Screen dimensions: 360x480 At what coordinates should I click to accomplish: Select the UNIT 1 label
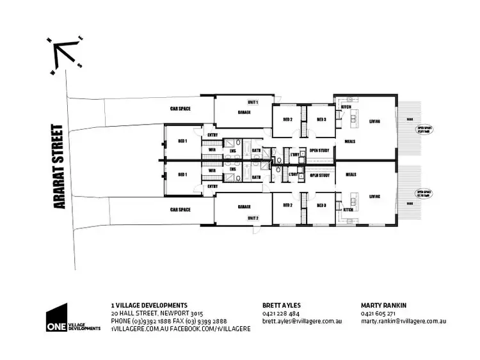pyautogui.click(x=252, y=102)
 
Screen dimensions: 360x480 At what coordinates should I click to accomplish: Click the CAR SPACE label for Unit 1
pyautogui.click(x=180, y=109)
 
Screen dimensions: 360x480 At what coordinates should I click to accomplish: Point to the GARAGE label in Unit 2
pyautogui.click(x=244, y=207)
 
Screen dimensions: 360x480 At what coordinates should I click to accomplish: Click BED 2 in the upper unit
pyautogui.click(x=287, y=120)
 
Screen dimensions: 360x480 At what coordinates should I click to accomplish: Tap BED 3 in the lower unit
pyautogui.click(x=321, y=205)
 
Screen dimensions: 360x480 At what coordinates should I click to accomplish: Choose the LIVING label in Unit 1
pyautogui.click(x=374, y=120)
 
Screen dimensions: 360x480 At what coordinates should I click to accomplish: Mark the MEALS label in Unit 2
pyautogui.click(x=351, y=174)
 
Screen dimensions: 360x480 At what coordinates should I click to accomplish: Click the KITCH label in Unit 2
pyautogui.click(x=349, y=210)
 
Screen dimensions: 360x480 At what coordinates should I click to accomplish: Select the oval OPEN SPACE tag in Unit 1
pyautogui.click(x=424, y=129)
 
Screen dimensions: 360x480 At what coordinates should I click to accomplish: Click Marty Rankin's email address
pyautogui.click(x=403, y=321)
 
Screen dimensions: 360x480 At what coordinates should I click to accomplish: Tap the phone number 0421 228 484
pyautogui.click(x=280, y=313)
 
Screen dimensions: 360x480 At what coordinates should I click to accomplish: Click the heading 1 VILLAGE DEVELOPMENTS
pyautogui.click(x=149, y=306)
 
